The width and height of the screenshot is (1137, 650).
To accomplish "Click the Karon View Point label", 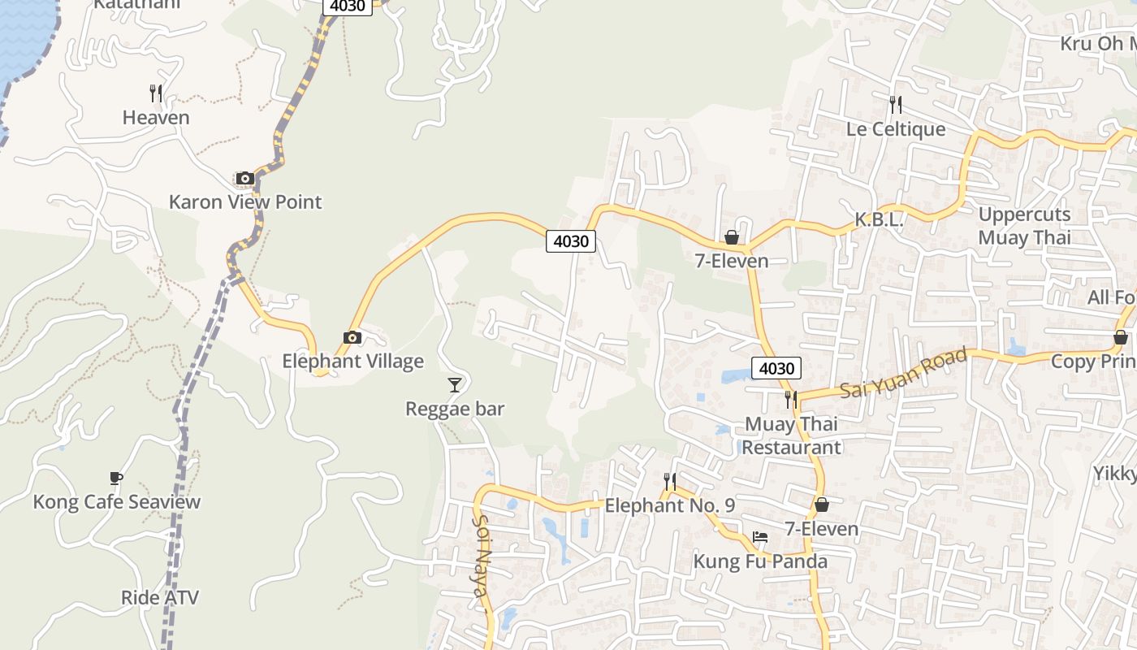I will click(x=245, y=201).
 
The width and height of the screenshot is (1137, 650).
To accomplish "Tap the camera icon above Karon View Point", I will click(x=244, y=178).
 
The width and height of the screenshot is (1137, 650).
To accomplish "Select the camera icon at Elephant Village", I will click(x=352, y=337).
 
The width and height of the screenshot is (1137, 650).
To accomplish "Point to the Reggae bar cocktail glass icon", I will click(x=455, y=384).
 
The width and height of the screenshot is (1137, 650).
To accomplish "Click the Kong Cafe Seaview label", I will click(x=116, y=501).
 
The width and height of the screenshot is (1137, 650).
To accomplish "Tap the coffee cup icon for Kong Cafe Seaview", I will click(x=115, y=478).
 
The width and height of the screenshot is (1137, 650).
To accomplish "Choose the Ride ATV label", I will click(x=160, y=598).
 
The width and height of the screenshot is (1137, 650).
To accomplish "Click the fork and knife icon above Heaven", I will click(x=156, y=93).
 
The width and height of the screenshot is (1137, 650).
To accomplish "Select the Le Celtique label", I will click(x=896, y=129).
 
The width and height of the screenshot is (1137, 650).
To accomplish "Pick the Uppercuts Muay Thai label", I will click(x=1024, y=226).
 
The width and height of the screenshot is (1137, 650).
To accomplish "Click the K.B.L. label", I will click(x=879, y=220).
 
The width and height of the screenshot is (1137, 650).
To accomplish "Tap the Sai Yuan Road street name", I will click(x=903, y=373).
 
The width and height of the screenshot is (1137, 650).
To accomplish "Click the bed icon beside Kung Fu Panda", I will click(x=760, y=537).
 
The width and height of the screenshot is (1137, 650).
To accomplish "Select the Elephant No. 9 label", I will click(x=670, y=505).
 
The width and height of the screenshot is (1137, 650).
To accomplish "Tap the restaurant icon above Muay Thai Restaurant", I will click(x=790, y=400).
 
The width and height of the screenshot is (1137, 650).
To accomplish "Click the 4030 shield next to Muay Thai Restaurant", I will click(x=776, y=368).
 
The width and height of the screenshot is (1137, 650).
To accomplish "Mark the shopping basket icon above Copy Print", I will click(x=1121, y=337).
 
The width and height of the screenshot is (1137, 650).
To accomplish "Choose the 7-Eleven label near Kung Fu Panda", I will click(x=821, y=529).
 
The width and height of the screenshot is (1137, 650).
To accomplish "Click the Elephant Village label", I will click(x=352, y=361).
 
